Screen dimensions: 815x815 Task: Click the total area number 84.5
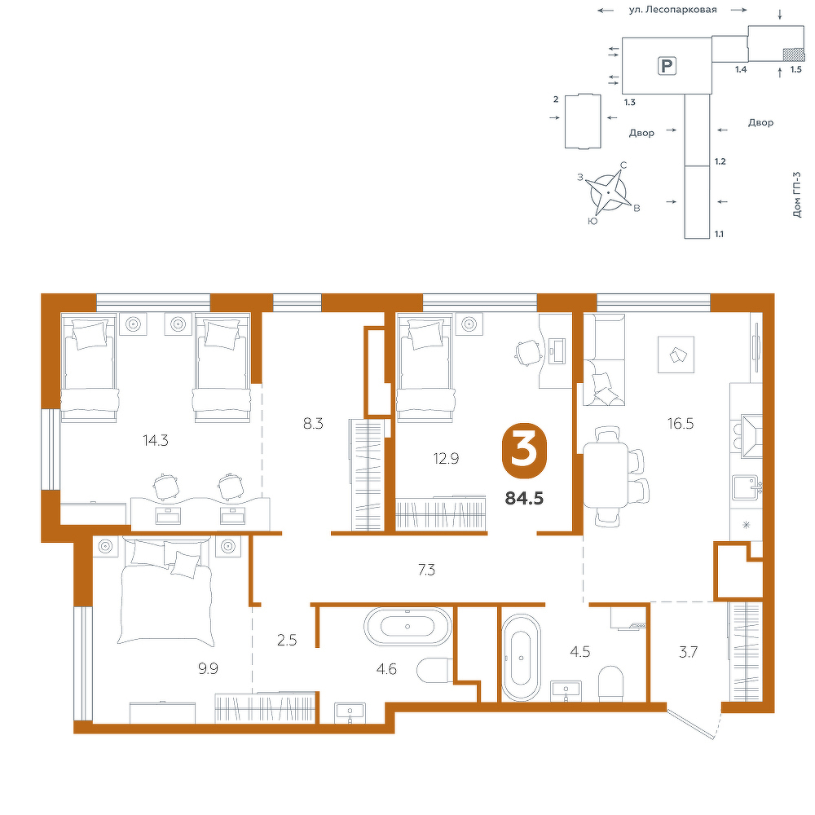(x=524, y=499)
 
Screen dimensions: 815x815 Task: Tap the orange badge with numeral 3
(x=524, y=450)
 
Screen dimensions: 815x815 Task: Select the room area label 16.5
(x=681, y=424)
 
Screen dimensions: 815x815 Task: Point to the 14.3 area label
(x=156, y=441)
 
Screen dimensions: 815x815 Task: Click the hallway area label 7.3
(x=426, y=570)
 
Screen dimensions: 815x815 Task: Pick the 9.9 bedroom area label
(x=208, y=668)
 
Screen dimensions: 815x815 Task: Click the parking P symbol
(x=667, y=66)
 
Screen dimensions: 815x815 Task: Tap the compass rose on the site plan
(x=608, y=192)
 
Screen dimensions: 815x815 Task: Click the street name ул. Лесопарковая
(x=672, y=9)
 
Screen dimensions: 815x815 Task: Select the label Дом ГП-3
(x=797, y=195)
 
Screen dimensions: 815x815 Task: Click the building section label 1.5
(x=795, y=68)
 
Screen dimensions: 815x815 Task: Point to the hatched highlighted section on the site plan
(x=794, y=54)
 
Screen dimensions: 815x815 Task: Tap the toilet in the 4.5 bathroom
(x=610, y=682)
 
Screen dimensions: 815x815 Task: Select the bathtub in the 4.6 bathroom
(x=407, y=626)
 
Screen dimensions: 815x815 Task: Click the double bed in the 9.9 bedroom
(x=165, y=592)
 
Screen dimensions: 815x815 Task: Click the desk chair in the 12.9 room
(x=526, y=353)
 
